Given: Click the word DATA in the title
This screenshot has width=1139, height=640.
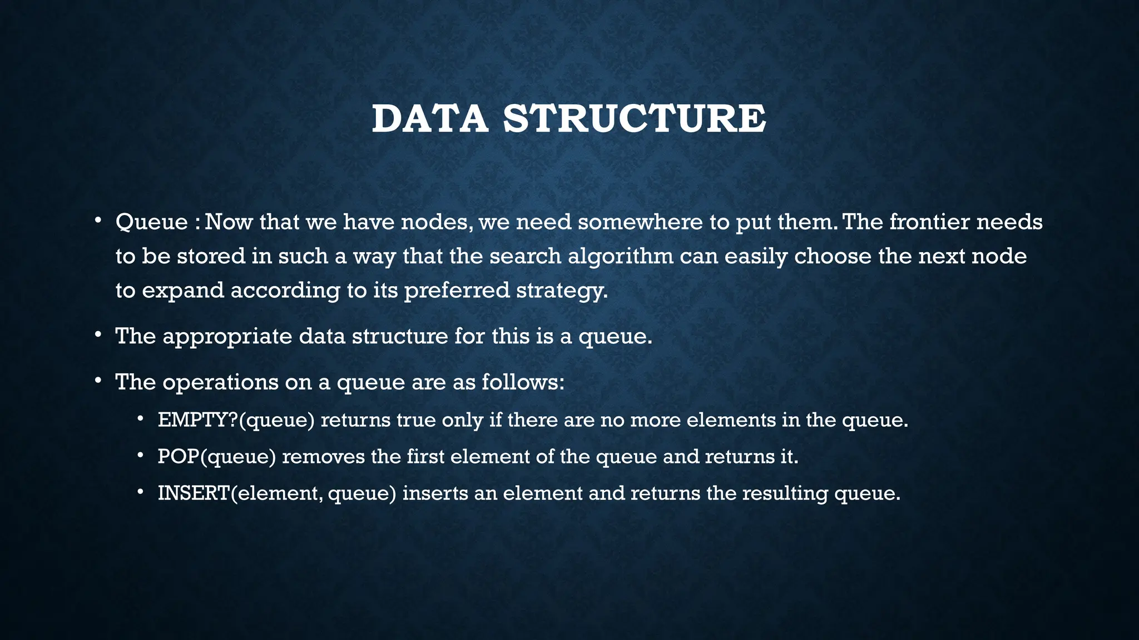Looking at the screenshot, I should pos(429,119).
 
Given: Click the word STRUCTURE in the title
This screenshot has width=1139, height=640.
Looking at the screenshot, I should pos(635,119).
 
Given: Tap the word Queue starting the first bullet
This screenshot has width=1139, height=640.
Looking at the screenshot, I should pos(151,222).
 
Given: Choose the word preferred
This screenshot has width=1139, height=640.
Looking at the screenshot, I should pos(456,291).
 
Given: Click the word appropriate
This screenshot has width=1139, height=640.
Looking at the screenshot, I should pos(227,336).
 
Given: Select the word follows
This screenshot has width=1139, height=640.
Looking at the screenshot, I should pos(522,382).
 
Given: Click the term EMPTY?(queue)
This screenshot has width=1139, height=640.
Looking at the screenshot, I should pos(236,419).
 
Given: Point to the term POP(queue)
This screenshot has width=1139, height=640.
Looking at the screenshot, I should pos(217,457).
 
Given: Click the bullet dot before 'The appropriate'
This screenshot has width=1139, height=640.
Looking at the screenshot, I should pos(98,334).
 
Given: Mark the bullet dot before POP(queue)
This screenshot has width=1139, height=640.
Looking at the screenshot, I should pos(141,456).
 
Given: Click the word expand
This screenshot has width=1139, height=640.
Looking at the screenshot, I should pos(182,291).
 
